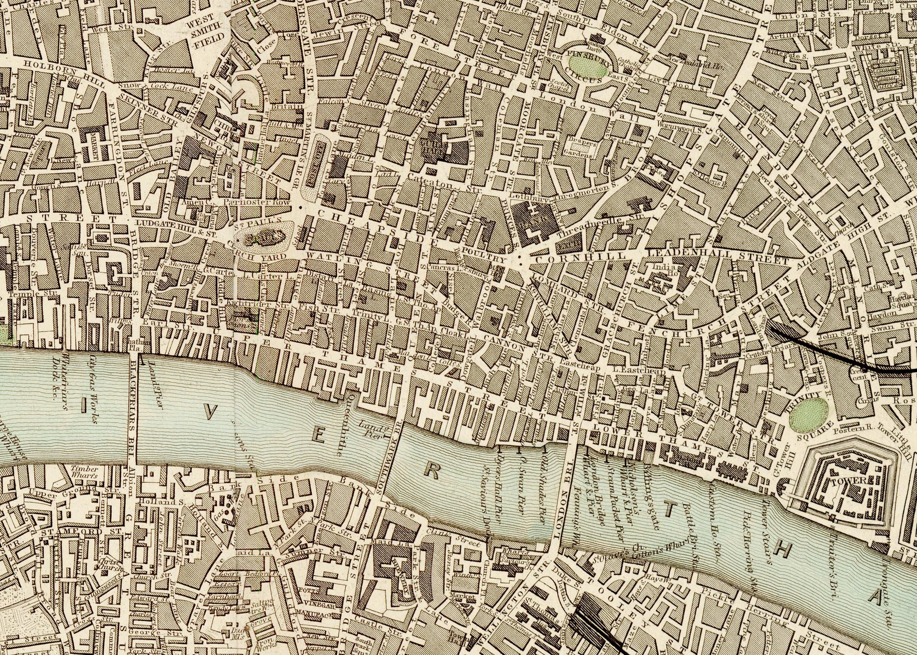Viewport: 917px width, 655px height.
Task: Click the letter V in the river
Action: point(209,413)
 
